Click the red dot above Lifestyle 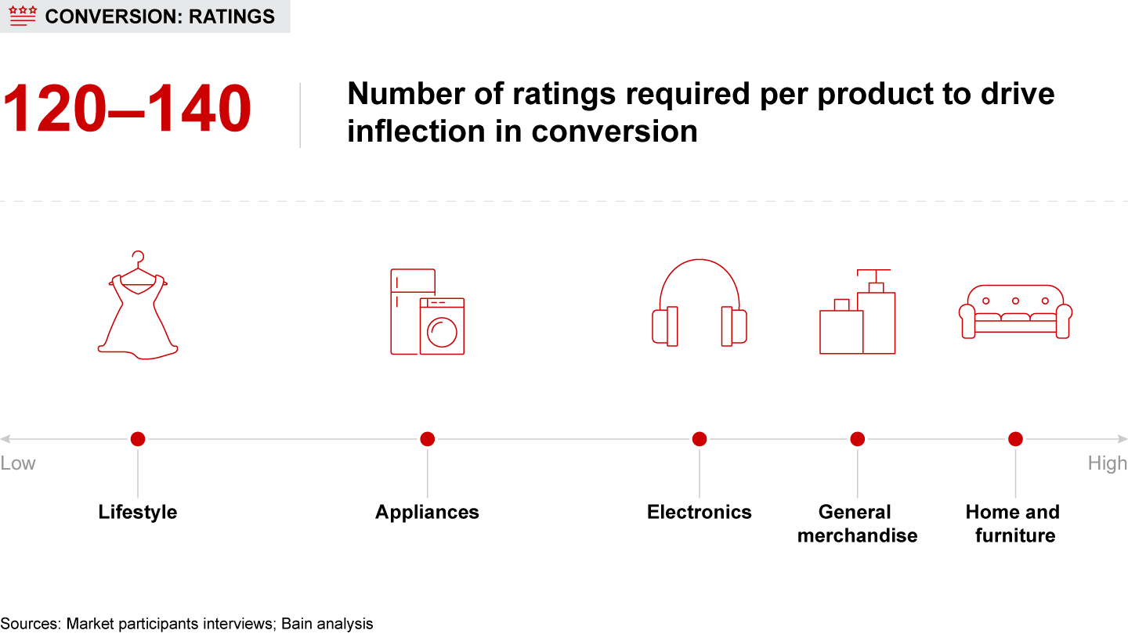(x=138, y=439)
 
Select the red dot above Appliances (x=427, y=439)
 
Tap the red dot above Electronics (x=700, y=439)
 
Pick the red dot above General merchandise (x=858, y=439)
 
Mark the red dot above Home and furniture (x=1015, y=439)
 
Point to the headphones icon (x=700, y=304)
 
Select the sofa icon (x=1015, y=312)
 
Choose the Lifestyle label (x=138, y=512)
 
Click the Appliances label (x=427, y=512)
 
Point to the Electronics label (x=700, y=512)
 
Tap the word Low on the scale (x=18, y=463)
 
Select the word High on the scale (x=1107, y=463)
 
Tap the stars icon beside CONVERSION (x=23, y=16)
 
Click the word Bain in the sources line (x=298, y=624)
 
